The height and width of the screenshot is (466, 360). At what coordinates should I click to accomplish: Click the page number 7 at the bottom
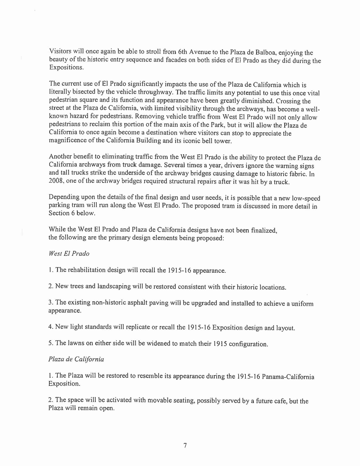tap(185, 446)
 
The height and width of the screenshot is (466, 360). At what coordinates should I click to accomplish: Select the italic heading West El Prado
tap(69, 254)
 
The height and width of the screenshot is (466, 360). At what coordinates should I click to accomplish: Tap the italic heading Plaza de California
tap(76, 359)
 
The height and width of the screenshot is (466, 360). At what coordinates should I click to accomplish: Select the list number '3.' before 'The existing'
tap(51, 302)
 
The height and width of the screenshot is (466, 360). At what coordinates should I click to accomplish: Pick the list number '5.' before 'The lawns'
tap(51, 343)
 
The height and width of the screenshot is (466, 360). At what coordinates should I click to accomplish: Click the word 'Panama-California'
tap(288, 377)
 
